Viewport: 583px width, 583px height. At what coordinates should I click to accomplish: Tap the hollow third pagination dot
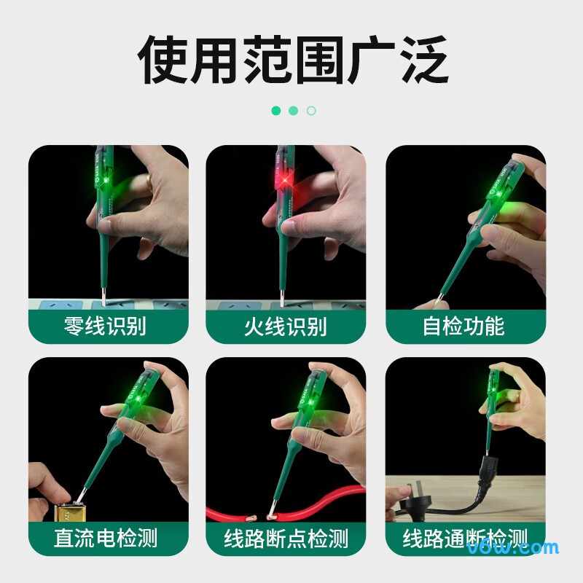point(311,111)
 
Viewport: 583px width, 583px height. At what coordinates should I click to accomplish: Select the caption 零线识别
point(108,326)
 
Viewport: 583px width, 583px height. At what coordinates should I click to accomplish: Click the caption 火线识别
point(286,326)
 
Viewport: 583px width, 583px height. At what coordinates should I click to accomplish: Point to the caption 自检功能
point(464,326)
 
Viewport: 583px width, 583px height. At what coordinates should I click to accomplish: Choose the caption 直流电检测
point(108,539)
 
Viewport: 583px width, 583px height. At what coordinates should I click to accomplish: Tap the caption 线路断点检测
point(286,539)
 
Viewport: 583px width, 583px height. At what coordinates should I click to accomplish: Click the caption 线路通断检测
point(464,539)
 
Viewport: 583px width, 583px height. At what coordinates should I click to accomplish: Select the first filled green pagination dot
point(276,111)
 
